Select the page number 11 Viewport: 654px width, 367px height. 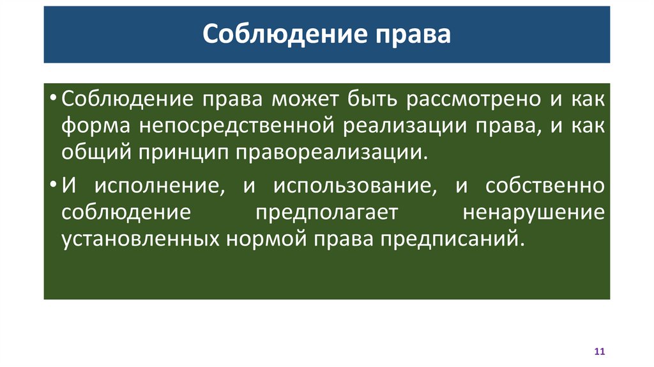(x=599, y=352)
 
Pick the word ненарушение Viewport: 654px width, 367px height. (x=533, y=212)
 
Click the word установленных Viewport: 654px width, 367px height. (x=139, y=238)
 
